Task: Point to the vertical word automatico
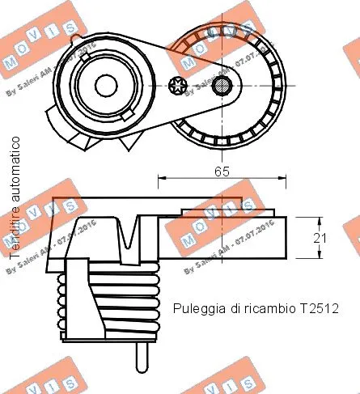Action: pos(15,174)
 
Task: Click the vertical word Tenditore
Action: pos(15,239)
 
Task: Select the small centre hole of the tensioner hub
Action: pos(104,84)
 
